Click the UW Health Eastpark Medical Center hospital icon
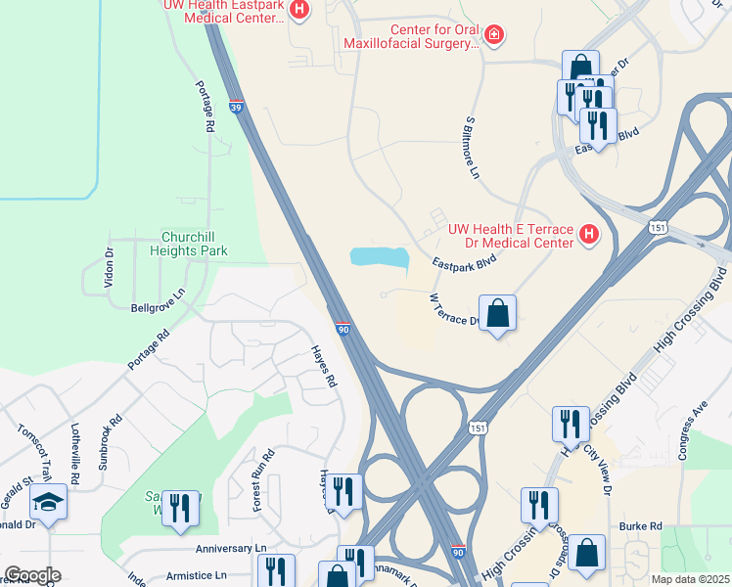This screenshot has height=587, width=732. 300,11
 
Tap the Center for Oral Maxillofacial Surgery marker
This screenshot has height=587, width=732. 495,36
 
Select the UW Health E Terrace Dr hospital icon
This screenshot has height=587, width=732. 588,234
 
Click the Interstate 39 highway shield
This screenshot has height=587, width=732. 237,105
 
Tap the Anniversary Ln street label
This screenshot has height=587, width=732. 231,550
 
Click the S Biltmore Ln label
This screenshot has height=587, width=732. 471,147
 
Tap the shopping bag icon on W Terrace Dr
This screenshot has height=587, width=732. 497,314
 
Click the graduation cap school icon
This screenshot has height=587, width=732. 48,503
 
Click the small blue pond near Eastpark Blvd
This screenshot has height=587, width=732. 379,257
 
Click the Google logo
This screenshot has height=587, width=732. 32,574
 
